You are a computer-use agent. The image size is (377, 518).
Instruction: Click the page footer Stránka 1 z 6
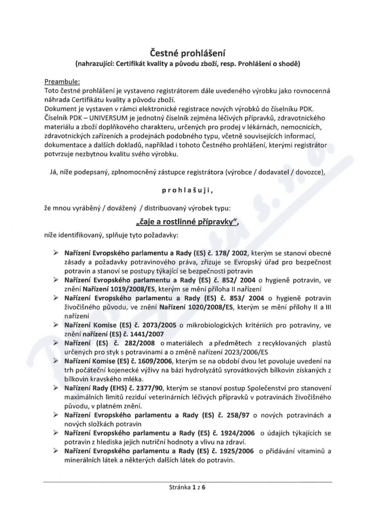point(188,487)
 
